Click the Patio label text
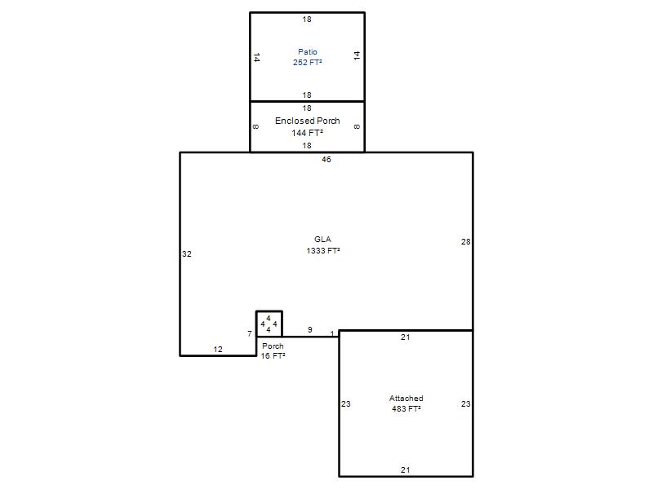[x=308, y=52]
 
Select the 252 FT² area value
[x=308, y=63]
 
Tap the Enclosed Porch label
[x=308, y=121]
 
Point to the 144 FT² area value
[x=308, y=133]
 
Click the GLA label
[x=322, y=239]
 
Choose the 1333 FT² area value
[x=323, y=251]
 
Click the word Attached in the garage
[x=406, y=399]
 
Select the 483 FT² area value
[x=406, y=409]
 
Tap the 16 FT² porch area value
[x=273, y=356]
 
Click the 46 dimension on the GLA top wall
[x=326, y=159]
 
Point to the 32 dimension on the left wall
[x=187, y=254]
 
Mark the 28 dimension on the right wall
[x=465, y=241]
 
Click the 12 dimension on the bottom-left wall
[x=218, y=350]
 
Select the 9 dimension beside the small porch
[x=310, y=330]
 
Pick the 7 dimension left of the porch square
[x=250, y=333]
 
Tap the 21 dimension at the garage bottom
[x=405, y=470]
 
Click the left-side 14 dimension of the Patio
[x=256, y=57]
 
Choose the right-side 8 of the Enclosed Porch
[x=357, y=127]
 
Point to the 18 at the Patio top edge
[x=307, y=19]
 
